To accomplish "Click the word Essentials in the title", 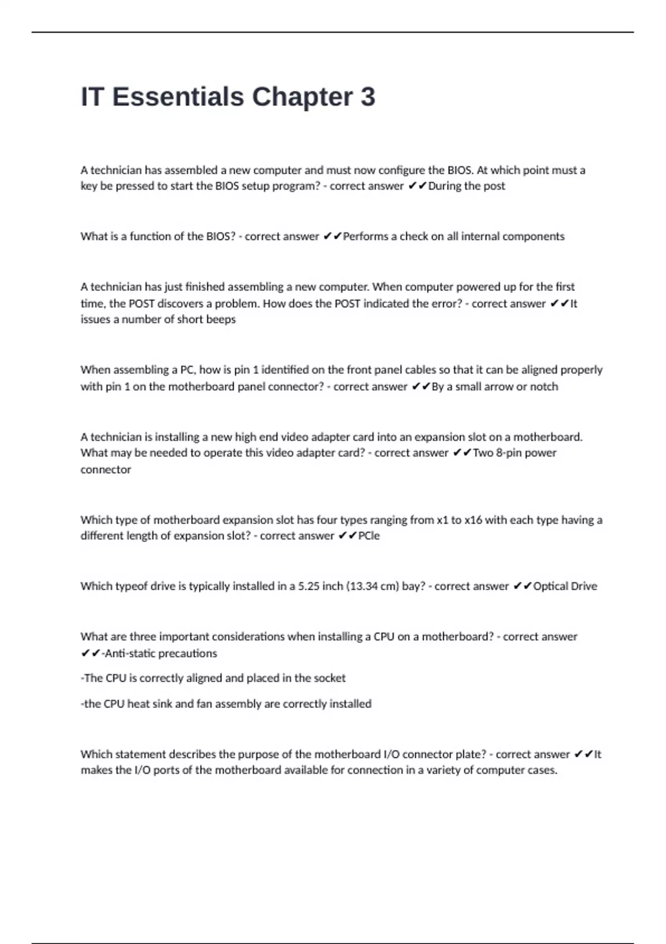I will pos(178,97).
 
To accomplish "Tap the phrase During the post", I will pos(467,186).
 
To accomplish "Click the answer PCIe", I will pos(369,536).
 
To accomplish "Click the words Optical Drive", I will pos(565,586).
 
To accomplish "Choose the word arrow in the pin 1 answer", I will pos(498,386).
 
